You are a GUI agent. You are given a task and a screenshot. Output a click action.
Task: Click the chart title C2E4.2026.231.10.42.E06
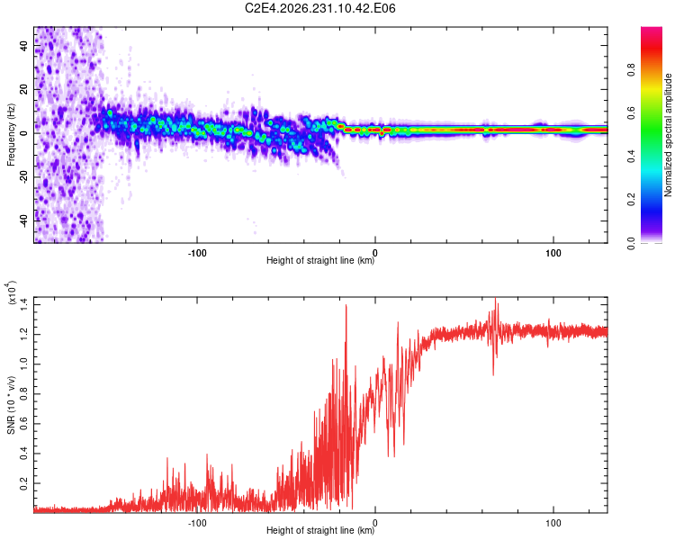tap(319, 8)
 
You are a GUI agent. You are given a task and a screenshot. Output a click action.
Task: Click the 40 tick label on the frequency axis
tap(23, 45)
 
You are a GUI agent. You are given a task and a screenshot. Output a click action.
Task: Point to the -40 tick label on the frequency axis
tap(23, 220)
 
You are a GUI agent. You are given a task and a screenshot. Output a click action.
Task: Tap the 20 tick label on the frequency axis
tap(23, 89)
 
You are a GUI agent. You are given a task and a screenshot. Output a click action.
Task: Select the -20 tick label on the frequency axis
tap(23, 176)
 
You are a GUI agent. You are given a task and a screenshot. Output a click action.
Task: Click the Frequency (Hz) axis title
tap(11, 135)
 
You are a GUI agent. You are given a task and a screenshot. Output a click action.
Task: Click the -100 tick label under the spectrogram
tap(197, 253)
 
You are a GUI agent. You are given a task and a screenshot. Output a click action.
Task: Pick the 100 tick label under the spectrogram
tap(553, 253)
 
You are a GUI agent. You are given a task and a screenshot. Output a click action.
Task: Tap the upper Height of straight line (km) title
tap(320, 260)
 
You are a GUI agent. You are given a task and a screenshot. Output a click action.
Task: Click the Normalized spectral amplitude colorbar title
tap(668, 135)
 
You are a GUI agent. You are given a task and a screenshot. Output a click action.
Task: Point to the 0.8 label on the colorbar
tap(631, 70)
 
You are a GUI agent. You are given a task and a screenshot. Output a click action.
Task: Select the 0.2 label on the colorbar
tap(631, 200)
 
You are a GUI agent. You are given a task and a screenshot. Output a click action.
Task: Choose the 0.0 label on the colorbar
tap(631, 243)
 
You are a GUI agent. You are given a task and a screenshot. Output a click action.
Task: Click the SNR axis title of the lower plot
tap(11, 405)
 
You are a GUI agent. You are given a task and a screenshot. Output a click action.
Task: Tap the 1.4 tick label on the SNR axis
tap(23, 304)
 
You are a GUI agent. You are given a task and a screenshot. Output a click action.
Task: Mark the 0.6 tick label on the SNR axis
tap(23, 424)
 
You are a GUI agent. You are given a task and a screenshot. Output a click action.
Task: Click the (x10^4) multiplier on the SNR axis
tap(12, 292)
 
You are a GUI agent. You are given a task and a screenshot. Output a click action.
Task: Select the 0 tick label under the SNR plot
tap(375, 523)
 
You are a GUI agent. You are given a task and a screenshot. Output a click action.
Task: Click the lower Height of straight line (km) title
tap(320, 530)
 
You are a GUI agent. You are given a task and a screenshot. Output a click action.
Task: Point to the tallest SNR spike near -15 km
tap(346, 305)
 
